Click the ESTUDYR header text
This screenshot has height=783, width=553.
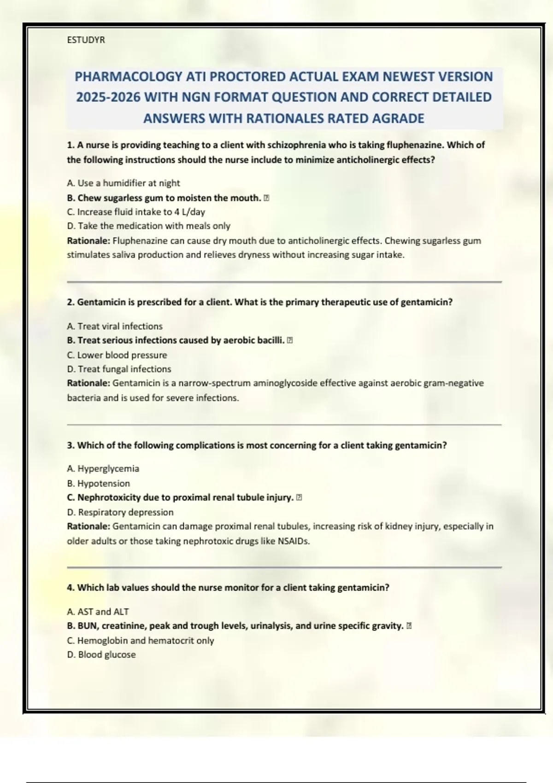86,40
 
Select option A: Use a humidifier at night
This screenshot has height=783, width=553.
123,183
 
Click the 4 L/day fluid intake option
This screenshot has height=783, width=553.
136,212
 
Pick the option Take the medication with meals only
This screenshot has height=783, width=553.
148,226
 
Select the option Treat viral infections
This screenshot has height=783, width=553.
115,326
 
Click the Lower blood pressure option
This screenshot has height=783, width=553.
117,355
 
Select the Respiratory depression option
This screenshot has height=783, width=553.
120,512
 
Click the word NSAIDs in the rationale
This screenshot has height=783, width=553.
293,541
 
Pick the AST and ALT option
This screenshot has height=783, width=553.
98,612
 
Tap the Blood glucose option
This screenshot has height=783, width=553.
101,654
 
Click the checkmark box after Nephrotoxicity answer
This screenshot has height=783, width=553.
299,497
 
